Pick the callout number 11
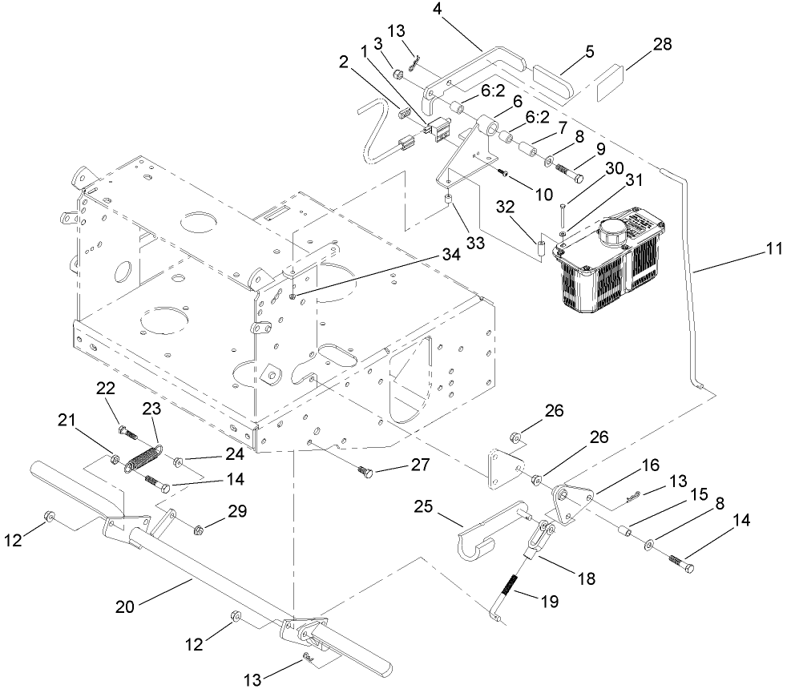click(773, 250)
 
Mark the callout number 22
click(106, 388)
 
